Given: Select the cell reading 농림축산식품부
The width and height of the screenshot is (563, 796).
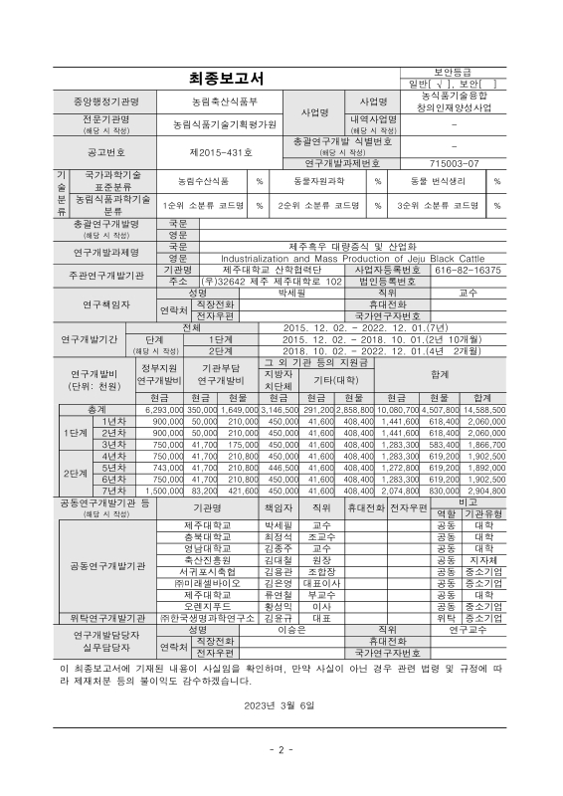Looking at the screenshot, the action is point(225,101).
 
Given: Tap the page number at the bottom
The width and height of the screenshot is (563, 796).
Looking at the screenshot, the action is point(281,749).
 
